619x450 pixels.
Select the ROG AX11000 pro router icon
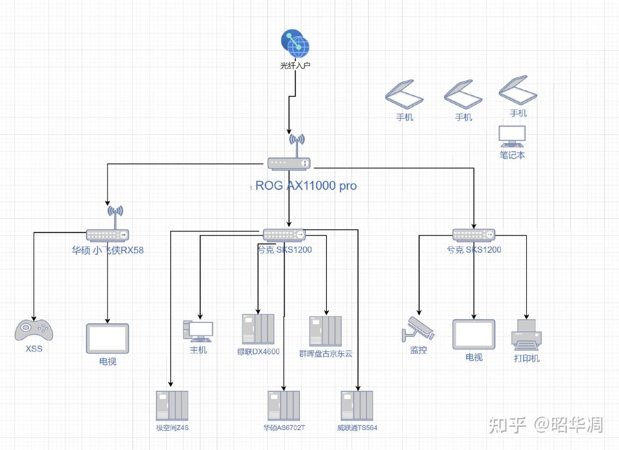[289, 163]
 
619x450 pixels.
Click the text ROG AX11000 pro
[306, 186]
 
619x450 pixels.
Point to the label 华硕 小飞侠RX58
[108, 250]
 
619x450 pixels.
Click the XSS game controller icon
[34, 330]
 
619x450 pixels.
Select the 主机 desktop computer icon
[198, 331]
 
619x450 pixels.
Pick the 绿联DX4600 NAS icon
[258, 329]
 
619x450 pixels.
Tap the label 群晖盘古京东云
[325, 354]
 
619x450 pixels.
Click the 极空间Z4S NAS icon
[172, 406]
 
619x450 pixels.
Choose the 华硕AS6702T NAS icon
[284, 406]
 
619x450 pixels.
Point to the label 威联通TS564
[357, 428]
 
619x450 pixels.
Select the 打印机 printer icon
[526, 334]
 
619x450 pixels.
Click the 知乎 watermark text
[507, 425]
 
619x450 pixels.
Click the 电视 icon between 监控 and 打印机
[474, 334]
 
